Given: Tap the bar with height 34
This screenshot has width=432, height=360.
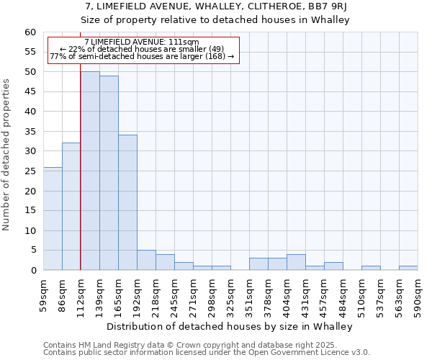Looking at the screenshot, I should tap(127, 202).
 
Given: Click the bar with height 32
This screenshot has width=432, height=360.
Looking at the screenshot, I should tap(71, 207).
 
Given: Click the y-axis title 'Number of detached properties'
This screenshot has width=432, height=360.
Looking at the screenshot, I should tap(6, 155).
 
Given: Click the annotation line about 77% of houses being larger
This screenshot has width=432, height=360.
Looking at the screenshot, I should tap(142, 56).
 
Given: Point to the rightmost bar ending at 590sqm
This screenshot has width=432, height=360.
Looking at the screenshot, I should tap(408, 268).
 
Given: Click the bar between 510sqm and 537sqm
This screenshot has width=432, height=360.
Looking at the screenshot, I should tap(371, 268).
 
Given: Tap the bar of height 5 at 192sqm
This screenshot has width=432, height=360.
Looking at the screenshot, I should tap(146, 260).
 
